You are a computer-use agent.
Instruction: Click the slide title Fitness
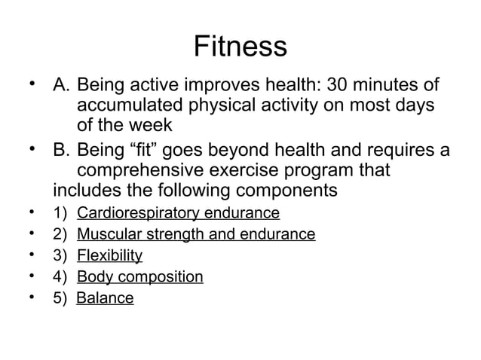(240, 47)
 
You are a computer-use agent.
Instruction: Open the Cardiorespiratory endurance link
(178, 213)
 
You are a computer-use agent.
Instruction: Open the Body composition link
(139, 277)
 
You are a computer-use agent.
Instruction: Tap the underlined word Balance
(105, 298)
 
